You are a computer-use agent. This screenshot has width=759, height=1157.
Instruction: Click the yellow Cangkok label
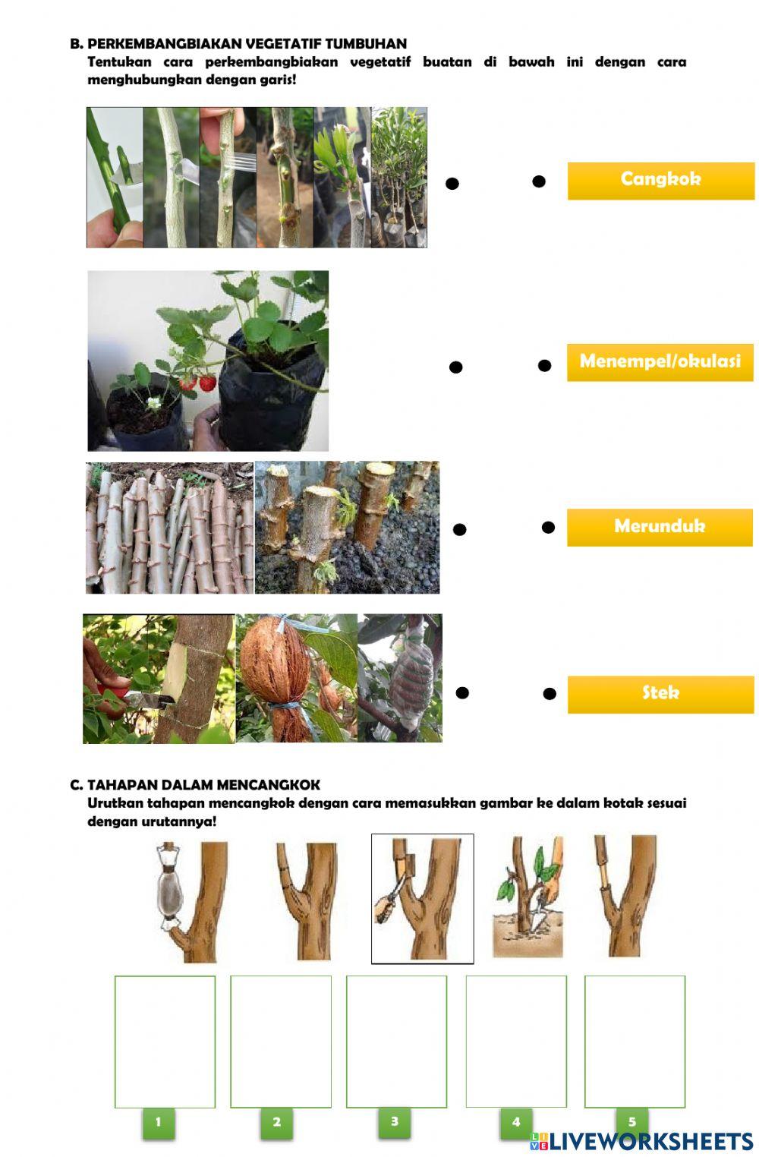[660, 181]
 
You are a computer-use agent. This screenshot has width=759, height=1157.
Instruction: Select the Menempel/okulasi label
[660, 362]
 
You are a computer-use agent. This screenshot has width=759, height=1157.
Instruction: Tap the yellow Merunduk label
[660, 527]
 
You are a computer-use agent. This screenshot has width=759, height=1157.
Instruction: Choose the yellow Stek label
[660, 694]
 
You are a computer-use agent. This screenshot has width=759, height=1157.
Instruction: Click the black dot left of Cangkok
[539, 181]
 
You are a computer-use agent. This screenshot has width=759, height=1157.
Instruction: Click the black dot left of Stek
[550, 694]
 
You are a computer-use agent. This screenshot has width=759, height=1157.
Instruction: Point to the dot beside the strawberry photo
[455, 367]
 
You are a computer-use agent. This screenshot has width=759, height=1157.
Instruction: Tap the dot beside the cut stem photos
[459, 530]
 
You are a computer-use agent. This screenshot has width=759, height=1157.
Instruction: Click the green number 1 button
[158, 1123]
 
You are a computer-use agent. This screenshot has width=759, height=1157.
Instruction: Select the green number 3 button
[395, 1122]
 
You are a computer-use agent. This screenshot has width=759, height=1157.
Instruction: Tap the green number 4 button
[516, 1123]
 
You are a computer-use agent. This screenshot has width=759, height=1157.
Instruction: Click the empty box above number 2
[281, 1042]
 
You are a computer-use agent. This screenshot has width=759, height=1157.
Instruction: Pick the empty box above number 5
[635, 1042]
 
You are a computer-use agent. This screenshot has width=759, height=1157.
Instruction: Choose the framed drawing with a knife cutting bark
[422, 898]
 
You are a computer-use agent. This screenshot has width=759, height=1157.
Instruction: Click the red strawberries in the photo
[198, 383]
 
